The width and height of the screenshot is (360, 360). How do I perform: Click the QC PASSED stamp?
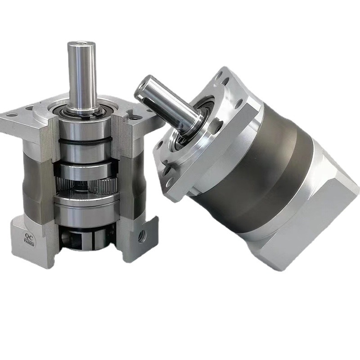29,239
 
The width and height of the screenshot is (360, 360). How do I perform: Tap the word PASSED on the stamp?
29,243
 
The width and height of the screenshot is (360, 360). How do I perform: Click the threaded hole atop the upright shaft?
81,43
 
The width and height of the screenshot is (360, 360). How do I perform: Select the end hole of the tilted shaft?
140,89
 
